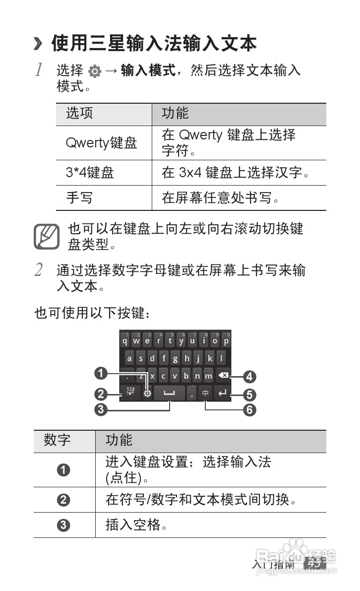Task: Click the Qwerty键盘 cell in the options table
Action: click(x=101, y=143)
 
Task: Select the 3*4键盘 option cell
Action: click(x=90, y=173)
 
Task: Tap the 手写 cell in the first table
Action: click(x=79, y=198)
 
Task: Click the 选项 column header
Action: click(x=80, y=114)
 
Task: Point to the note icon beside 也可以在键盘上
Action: click(x=46, y=237)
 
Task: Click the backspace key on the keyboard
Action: click(x=223, y=376)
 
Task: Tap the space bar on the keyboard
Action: click(x=170, y=394)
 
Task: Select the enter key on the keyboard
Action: click(x=223, y=394)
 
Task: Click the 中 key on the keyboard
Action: click(x=205, y=394)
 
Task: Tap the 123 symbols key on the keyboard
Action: click(x=130, y=394)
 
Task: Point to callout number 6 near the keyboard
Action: click(x=250, y=410)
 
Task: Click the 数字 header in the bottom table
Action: click(x=58, y=440)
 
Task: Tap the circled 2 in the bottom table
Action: click(x=63, y=500)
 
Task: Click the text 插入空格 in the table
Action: click(x=133, y=525)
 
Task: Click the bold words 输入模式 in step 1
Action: click(x=148, y=71)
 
